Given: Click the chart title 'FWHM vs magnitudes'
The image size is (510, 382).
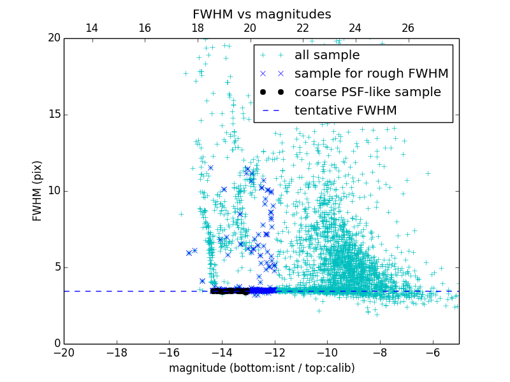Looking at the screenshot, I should [261, 14].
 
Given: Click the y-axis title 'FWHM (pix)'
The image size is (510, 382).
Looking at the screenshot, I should [38, 190].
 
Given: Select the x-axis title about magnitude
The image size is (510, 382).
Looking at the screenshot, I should [261, 368].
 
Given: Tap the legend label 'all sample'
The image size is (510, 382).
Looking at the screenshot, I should [327, 55].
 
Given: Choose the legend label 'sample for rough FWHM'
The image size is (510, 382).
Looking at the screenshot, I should [371, 74].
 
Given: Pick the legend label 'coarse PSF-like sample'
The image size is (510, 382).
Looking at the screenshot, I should [367, 92].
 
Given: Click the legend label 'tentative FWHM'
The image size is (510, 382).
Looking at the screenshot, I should [346, 111].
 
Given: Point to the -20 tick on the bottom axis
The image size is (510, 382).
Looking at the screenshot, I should [64, 352].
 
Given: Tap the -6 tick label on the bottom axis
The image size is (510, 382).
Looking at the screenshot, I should [432, 352].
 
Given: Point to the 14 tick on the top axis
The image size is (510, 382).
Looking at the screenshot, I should [92, 28].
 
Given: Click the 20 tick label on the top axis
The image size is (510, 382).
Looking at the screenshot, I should [250, 28].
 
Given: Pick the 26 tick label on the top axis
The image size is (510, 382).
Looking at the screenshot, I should [408, 28].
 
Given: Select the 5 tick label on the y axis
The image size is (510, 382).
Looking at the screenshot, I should [55, 267].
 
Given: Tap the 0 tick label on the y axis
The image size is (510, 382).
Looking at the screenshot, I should [55, 344].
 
